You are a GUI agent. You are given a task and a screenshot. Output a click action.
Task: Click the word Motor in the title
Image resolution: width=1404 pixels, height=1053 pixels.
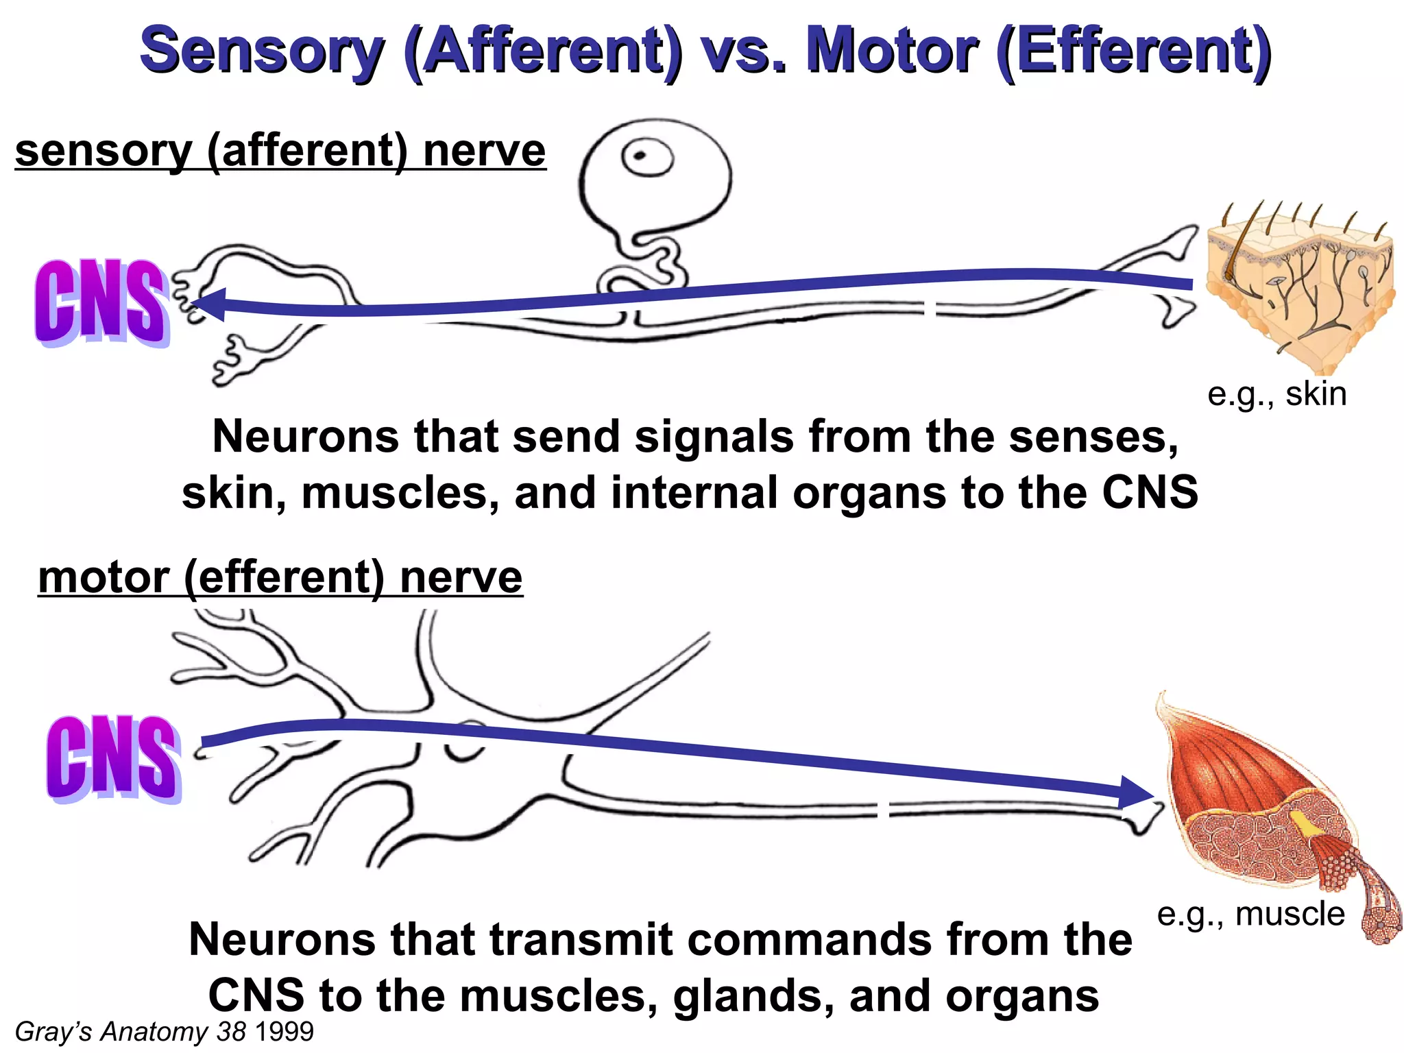[x=891, y=52]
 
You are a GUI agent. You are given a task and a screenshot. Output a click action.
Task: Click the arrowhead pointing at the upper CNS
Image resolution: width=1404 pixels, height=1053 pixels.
[x=209, y=304]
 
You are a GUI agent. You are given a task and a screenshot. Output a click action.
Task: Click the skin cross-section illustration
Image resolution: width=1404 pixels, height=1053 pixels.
[x=1299, y=288]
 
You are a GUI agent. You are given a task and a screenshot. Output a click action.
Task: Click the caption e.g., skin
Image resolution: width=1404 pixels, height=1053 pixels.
[x=1276, y=394]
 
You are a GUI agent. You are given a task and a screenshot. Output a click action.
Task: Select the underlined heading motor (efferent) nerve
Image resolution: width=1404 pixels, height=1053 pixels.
[x=280, y=577]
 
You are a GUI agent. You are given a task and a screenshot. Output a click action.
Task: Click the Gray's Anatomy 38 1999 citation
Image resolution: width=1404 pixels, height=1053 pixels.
[x=164, y=1031]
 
